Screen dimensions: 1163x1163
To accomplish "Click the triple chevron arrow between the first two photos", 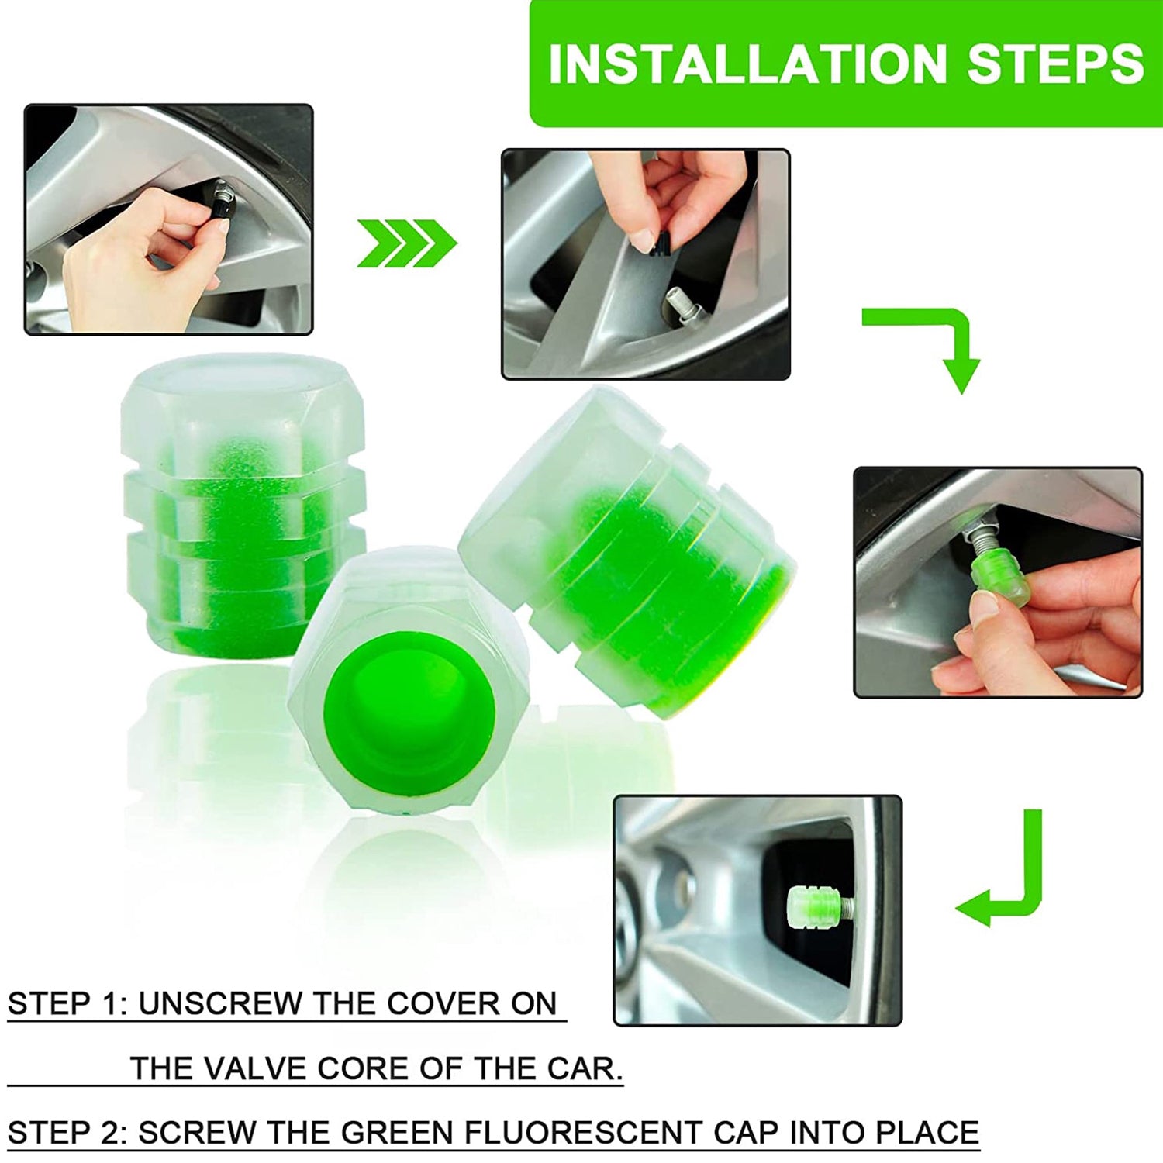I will [x=406, y=243].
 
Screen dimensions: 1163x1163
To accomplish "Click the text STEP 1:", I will [x=67, y=1003].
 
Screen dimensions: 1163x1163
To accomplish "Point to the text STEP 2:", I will [x=67, y=1133].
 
